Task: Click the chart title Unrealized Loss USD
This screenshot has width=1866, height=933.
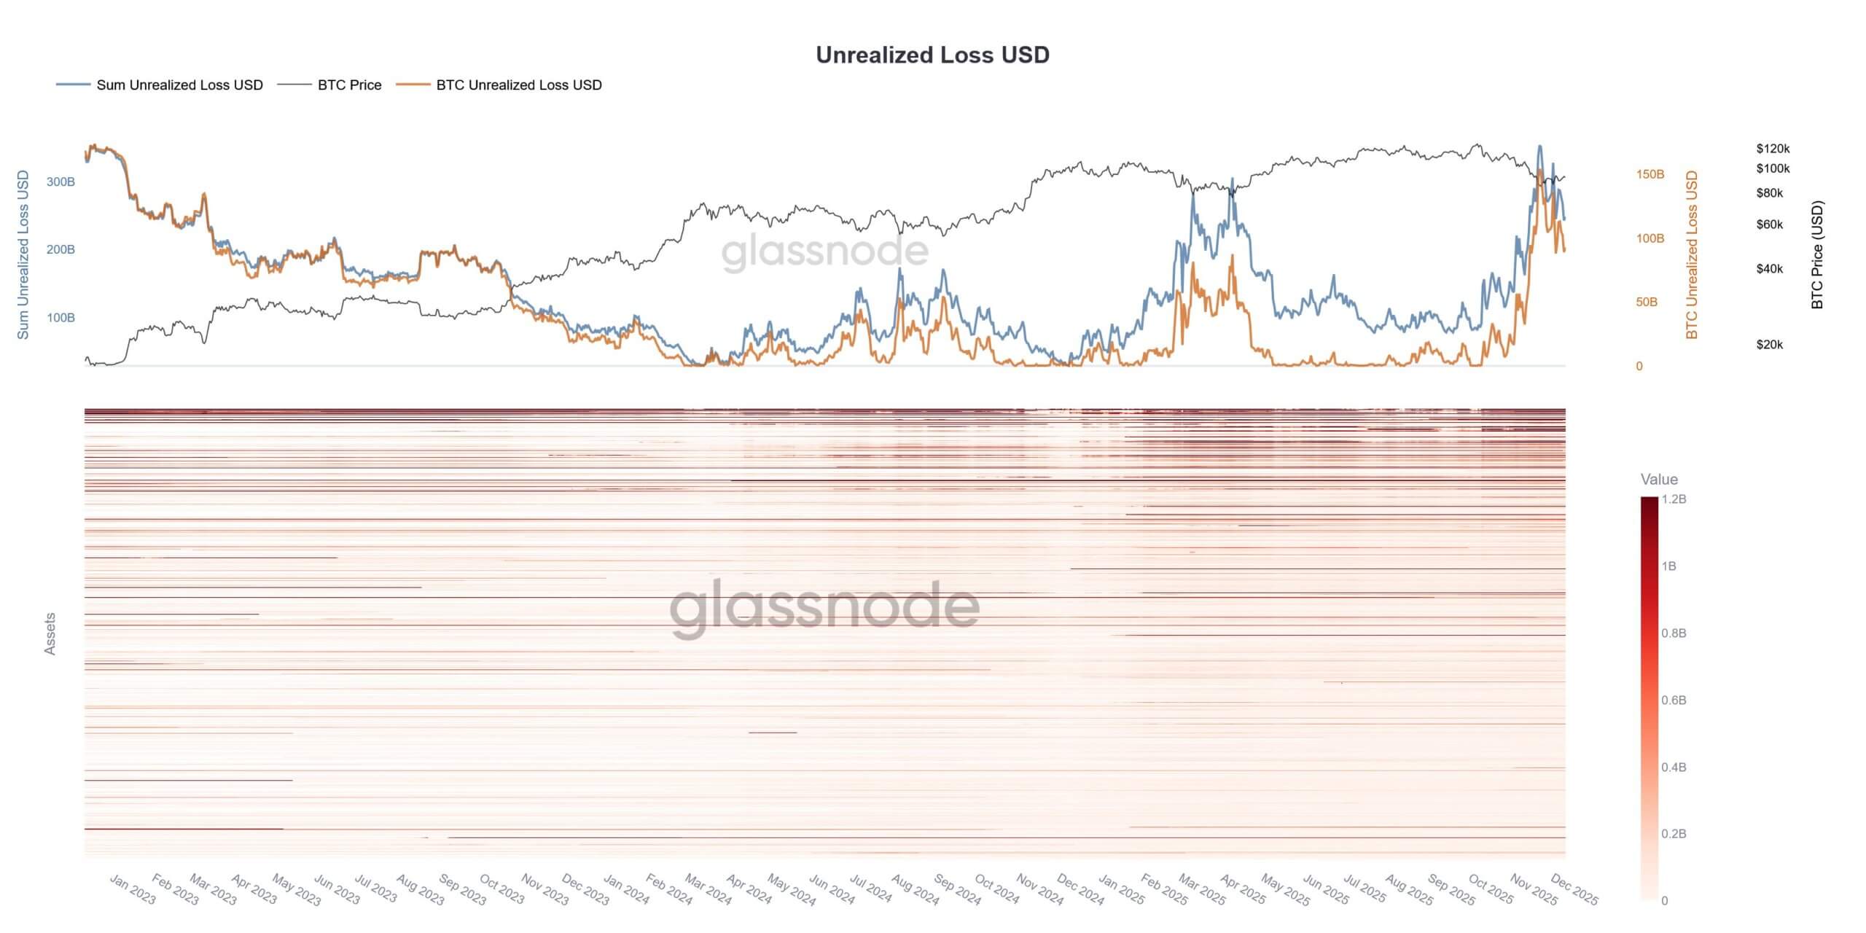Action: point(932,55)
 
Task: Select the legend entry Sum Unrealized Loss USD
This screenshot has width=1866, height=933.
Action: point(179,85)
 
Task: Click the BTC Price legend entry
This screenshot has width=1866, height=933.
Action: point(349,85)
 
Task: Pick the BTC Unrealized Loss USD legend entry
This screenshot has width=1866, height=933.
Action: point(518,85)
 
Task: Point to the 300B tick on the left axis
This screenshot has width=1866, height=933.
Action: point(60,182)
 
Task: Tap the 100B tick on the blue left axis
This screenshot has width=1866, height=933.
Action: point(60,318)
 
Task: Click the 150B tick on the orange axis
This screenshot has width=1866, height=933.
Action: point(1650,175)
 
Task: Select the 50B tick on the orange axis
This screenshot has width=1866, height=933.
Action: point(1647,302)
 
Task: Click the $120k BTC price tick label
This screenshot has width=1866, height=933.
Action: point(1773,149)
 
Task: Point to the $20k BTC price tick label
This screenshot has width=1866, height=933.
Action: point(1770,345)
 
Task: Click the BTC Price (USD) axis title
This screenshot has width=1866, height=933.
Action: point(1816,255)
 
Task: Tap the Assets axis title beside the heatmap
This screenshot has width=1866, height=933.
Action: point(50,633)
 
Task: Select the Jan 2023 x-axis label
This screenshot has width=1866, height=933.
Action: point(133,890)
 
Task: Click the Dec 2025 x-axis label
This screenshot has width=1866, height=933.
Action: point(1574,890)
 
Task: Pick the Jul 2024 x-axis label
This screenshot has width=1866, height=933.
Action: point(870,890)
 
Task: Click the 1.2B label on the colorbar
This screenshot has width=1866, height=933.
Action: point(1674,499)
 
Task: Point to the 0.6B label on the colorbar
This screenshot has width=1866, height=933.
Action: point(1674,700)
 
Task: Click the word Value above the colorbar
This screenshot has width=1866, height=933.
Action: point(1659,480)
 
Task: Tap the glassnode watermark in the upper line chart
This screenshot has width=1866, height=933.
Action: point(824,251)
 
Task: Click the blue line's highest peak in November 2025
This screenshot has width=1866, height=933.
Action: point(1539,146)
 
